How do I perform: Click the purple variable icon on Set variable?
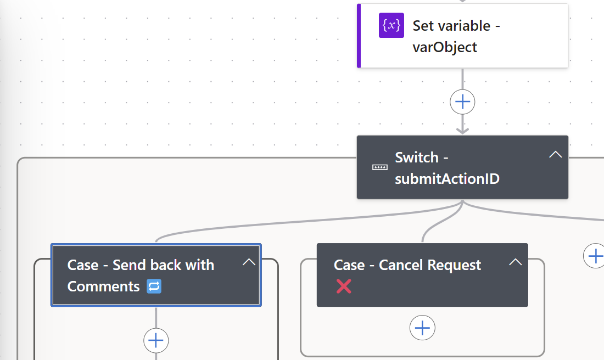click(391, 25)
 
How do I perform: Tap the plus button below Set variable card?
click(462, 102)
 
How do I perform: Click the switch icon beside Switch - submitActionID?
click(379, 167)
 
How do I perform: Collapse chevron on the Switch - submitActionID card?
click(555, 155)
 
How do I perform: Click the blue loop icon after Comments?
click(154, 286)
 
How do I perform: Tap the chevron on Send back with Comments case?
click(249, 262)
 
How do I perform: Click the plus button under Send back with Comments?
click(156, 341)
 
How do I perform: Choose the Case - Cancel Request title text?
click(407, 265)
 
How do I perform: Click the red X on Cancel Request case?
click(344, 286)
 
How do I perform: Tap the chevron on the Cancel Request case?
click(515, 262)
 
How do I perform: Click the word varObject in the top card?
click(445, 47)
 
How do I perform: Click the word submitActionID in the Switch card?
click(447, 179)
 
